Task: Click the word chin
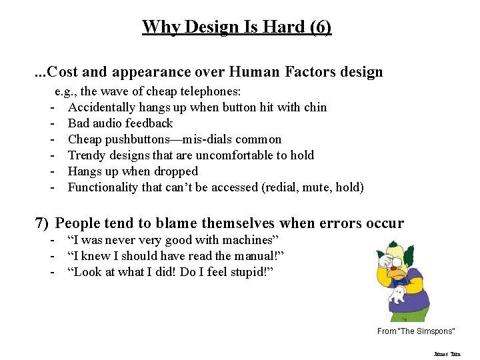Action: (315, 107)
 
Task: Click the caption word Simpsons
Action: (436, 331)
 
